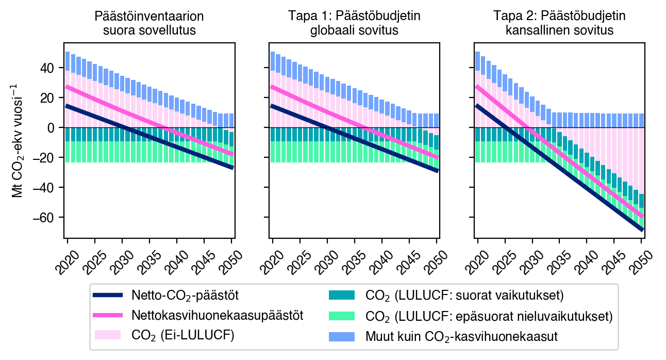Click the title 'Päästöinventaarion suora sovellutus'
[149, 23]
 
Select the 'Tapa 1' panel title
[354, 23]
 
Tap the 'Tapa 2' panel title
[559, 23]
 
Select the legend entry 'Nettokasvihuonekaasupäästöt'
[217, 316]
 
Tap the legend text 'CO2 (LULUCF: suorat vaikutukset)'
[464, 296]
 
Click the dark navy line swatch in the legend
[108, 296]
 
